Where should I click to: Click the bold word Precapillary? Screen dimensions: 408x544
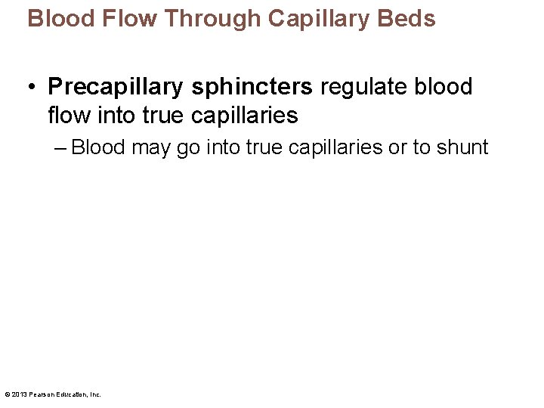coord(116,88)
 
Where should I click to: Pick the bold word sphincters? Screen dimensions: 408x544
coord(252,88)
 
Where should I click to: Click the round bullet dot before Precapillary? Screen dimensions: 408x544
coord(32,88)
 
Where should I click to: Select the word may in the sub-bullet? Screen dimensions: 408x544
coord(152,147)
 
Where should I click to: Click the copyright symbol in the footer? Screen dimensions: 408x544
coord(7,394)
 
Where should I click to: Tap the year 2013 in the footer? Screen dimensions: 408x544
coord(18,394)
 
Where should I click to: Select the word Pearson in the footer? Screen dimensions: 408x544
coord(39,394)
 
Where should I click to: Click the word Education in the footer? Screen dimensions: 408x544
coord(70,394)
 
